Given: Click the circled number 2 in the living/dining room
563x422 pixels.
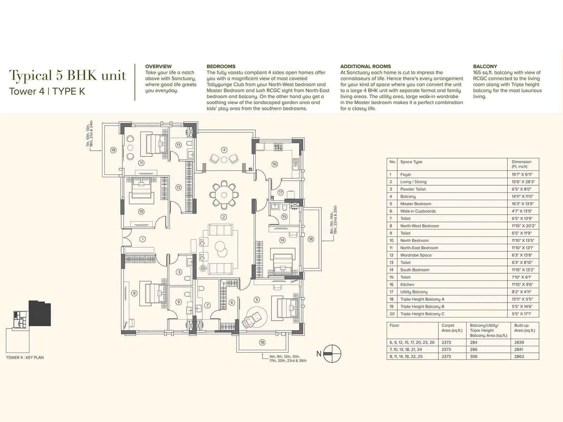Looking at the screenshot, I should pyautogui.click(x=223, y=217).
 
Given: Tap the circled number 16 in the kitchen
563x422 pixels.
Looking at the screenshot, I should pyautogui.click(x=274, y=164).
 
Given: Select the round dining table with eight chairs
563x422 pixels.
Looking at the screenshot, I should pyautogui.click(x=224, y=194).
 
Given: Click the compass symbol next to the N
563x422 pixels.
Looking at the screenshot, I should pyautogui.click(x=332, y=353).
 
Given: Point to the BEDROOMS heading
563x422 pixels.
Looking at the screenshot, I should pyautogui.click(x=221, y=66).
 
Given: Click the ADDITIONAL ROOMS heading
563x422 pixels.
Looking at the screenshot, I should pyautogui.click(x=365, y=66).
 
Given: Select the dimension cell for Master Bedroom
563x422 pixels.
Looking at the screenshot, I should pyautogui.click(x=522, y=204).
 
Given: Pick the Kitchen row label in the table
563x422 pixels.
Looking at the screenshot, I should pyautogui.click(x=407, y=284).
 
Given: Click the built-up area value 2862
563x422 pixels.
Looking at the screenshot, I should pyautogui.click(x=519, y=356).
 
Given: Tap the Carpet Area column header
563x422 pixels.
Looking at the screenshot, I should pyautogui.click(x=452, y=328).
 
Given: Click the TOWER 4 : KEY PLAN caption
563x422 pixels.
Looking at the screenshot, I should pyautogui.click(x=25, y=357).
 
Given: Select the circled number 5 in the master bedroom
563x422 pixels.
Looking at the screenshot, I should pyautogui.click(x=257, y=300).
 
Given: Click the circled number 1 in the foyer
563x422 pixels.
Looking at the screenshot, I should pyautogui.click(x=143, y=239).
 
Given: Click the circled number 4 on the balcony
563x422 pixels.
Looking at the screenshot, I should pyautogui.click(x=224, y=150).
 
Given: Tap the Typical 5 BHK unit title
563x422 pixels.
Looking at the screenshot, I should pyautogui.click(x=67, y=75).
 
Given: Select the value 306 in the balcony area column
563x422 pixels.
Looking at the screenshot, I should pyautogui.click(x=474, y=356).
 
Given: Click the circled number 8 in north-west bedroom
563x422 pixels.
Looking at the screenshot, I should pyautogui.click(x=134, y=293).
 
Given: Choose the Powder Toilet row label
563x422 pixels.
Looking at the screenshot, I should pyautogui.click(x=413, y=189).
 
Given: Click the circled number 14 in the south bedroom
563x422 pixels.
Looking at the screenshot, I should pyautogui.click(x=282, y=240).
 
